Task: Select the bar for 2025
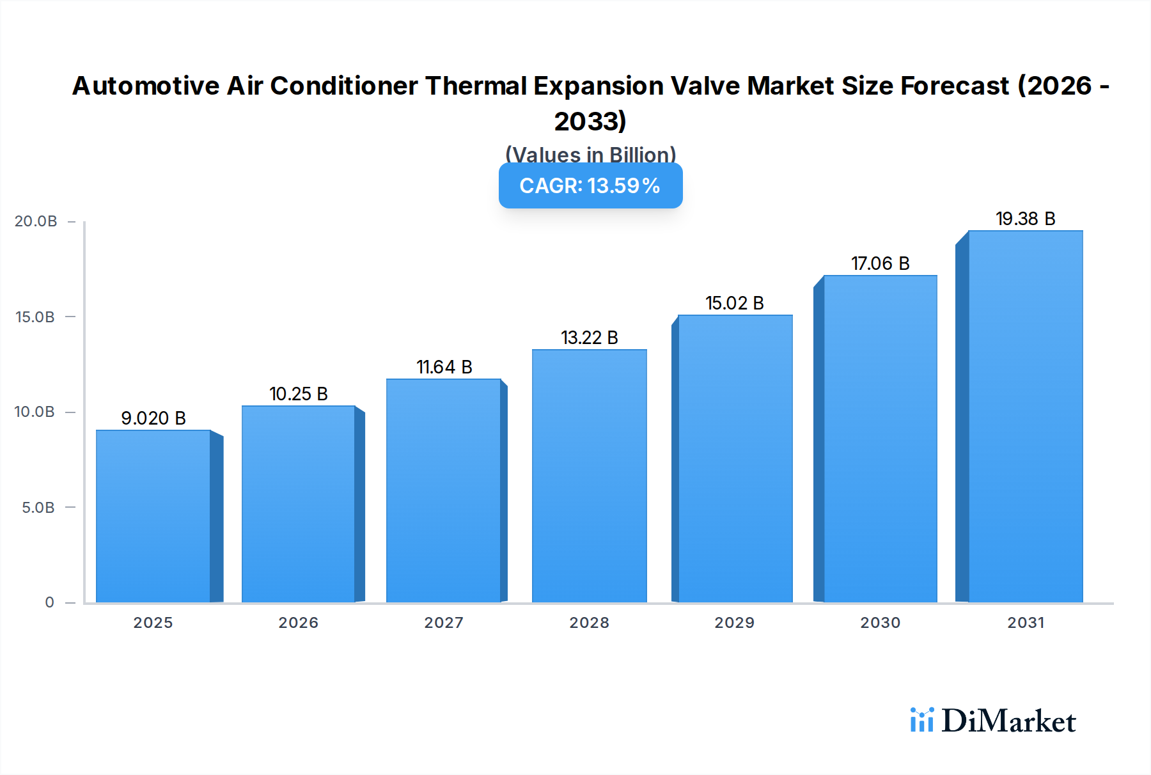[x=153, y=516]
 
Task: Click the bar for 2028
[x=589, y=476]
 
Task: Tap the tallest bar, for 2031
[x=1025, y=416]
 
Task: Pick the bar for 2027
[x=443, y=490]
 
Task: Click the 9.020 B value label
[x=153, y=418]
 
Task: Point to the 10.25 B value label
[x=299, y=394]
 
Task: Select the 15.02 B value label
[x=735, y=303]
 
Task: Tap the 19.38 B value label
[x=1025, y=219]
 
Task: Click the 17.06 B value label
[x=880, y=263]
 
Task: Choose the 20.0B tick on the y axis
[x=36, y=221]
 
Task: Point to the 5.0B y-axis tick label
[x=38, y=508]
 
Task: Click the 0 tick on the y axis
[x=49, y=602]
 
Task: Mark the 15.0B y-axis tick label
[x=36, y=317]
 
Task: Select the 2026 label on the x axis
[x=298, y=623]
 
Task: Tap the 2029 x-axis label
[x=734, y=623]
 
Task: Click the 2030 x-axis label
[x=880, y=623]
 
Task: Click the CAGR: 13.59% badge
[x=590, y=186]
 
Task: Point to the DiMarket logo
[x=992, y=721]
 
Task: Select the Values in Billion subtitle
[x=590, y=154]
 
